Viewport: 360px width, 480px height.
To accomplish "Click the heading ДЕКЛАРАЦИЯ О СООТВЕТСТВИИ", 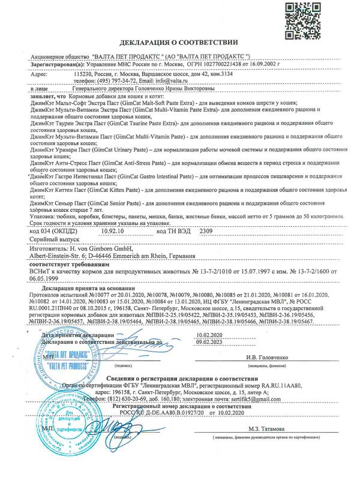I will coord(179,44).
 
